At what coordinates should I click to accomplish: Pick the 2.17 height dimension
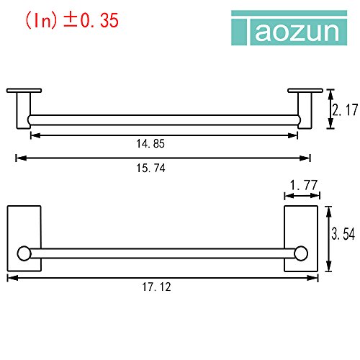(x=344, y=109)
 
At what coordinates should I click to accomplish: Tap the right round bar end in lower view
(x=302, y=253)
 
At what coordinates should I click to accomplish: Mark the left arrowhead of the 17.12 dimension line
(x=10, y=275)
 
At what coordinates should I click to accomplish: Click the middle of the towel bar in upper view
(x=163, y=118)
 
